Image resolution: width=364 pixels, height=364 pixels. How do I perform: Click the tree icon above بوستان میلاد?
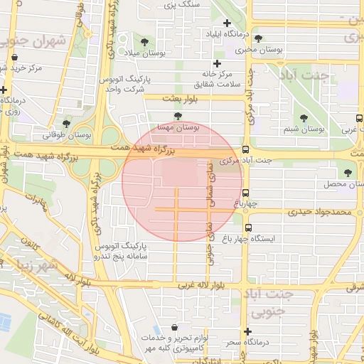145,42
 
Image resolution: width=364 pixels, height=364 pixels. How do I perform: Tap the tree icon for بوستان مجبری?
257,39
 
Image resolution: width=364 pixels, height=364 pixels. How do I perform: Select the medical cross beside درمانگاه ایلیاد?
227,23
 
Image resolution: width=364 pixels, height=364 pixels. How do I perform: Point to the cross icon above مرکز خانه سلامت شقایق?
218,64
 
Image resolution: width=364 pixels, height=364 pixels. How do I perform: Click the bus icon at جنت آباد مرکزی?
245,150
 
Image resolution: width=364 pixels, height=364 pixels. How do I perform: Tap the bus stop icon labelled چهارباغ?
245,193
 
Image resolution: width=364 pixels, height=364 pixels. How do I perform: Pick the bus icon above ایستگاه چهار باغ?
248,227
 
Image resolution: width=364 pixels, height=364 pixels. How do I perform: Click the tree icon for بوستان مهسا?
177,116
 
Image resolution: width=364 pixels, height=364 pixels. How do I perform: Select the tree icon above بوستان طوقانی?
66,124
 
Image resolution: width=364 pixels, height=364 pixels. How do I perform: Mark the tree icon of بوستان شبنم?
304,119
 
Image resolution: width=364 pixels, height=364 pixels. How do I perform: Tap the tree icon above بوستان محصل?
348,173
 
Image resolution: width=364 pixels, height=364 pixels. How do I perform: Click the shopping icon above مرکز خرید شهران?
15,58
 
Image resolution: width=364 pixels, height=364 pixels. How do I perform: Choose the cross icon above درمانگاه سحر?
247,332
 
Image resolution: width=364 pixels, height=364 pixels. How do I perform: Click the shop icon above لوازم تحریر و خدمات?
174,328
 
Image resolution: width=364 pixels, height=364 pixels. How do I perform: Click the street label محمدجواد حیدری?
320,212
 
